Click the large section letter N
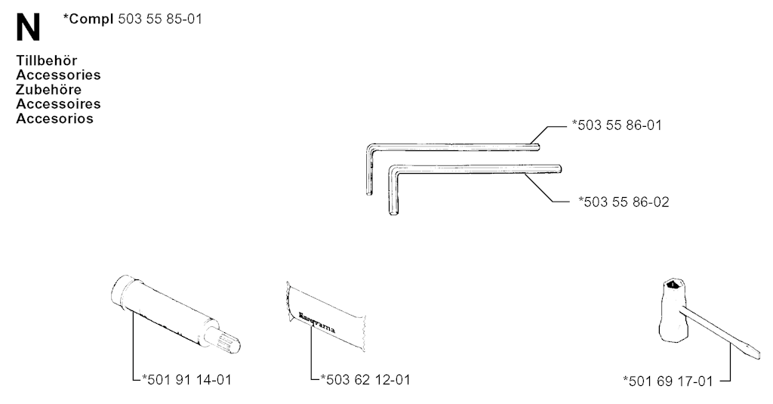click(x=28, y=28)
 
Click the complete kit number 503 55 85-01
click(x=160, y=19)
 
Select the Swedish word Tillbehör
click(x=46, y=60)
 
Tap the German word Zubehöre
click(x=48, y=90)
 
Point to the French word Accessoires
click(x=58, y=104)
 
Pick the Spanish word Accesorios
click(x=54, y=119)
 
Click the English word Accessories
click(x=58, y=75)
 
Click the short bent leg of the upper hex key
click(x=369, y=170)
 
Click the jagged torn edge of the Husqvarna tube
click(x=364, y=332)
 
